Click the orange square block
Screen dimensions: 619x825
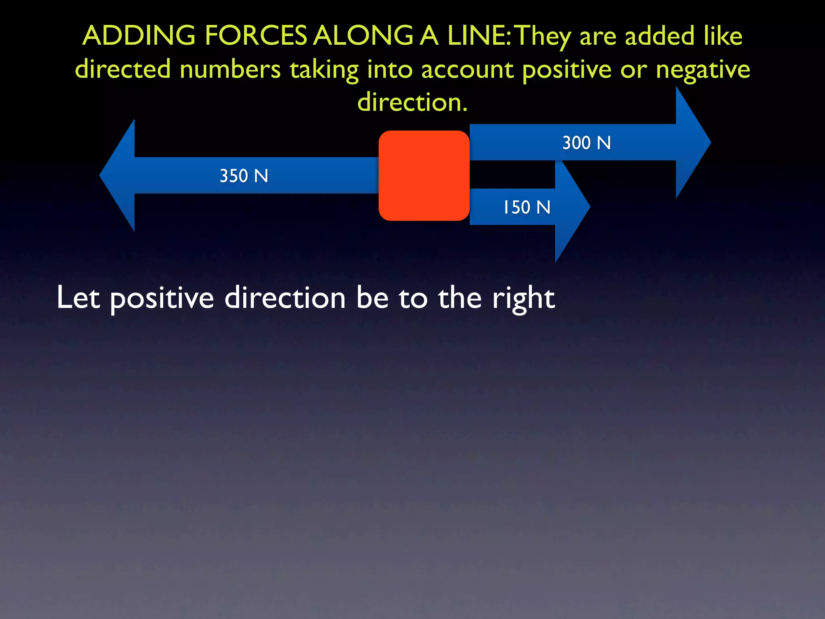[424, 176]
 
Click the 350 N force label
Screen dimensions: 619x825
[244, 176]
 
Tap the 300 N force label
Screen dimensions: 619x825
[587, 143]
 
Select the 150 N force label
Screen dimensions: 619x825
[527, 208]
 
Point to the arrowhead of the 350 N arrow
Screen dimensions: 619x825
[119, 175]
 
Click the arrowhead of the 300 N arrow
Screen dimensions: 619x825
[692, 142]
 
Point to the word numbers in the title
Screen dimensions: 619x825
[230, 69]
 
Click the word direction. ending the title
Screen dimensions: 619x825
[412, 102]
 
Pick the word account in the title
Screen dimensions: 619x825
[467, 69]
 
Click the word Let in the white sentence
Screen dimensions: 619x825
[78, 298]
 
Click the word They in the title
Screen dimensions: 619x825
[543, 36]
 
